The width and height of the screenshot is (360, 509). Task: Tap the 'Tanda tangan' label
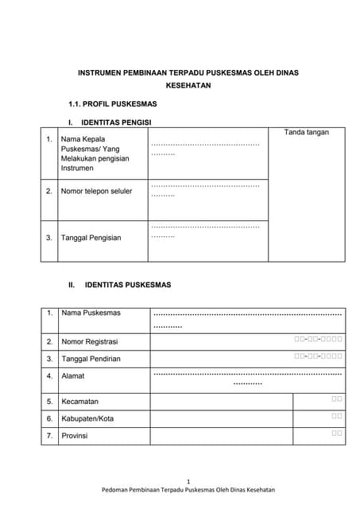pos(306,132)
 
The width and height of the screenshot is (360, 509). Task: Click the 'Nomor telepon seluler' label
pos(96,191)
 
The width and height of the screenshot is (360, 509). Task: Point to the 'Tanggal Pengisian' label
pos(91,237)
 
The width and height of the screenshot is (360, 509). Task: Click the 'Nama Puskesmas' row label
pos(91,313)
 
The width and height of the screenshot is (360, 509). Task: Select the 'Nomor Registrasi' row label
pos(89,341)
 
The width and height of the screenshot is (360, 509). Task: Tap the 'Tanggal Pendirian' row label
pos(91,359)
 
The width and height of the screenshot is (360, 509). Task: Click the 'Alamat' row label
pos(72,375)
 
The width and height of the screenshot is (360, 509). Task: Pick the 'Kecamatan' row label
pos(79,402)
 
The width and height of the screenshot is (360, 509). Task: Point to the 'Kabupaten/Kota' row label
pos(87,418)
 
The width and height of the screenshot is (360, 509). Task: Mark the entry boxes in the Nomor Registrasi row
pos(318,340)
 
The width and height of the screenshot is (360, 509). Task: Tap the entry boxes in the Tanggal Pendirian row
pos(318,356)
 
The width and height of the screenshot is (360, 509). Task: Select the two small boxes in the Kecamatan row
pos(337,398)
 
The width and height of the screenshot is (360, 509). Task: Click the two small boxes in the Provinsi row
pos(337,433)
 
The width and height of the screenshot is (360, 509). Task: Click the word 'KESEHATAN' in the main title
pos(188,85)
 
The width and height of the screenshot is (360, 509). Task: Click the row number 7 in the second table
pos(49,436)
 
